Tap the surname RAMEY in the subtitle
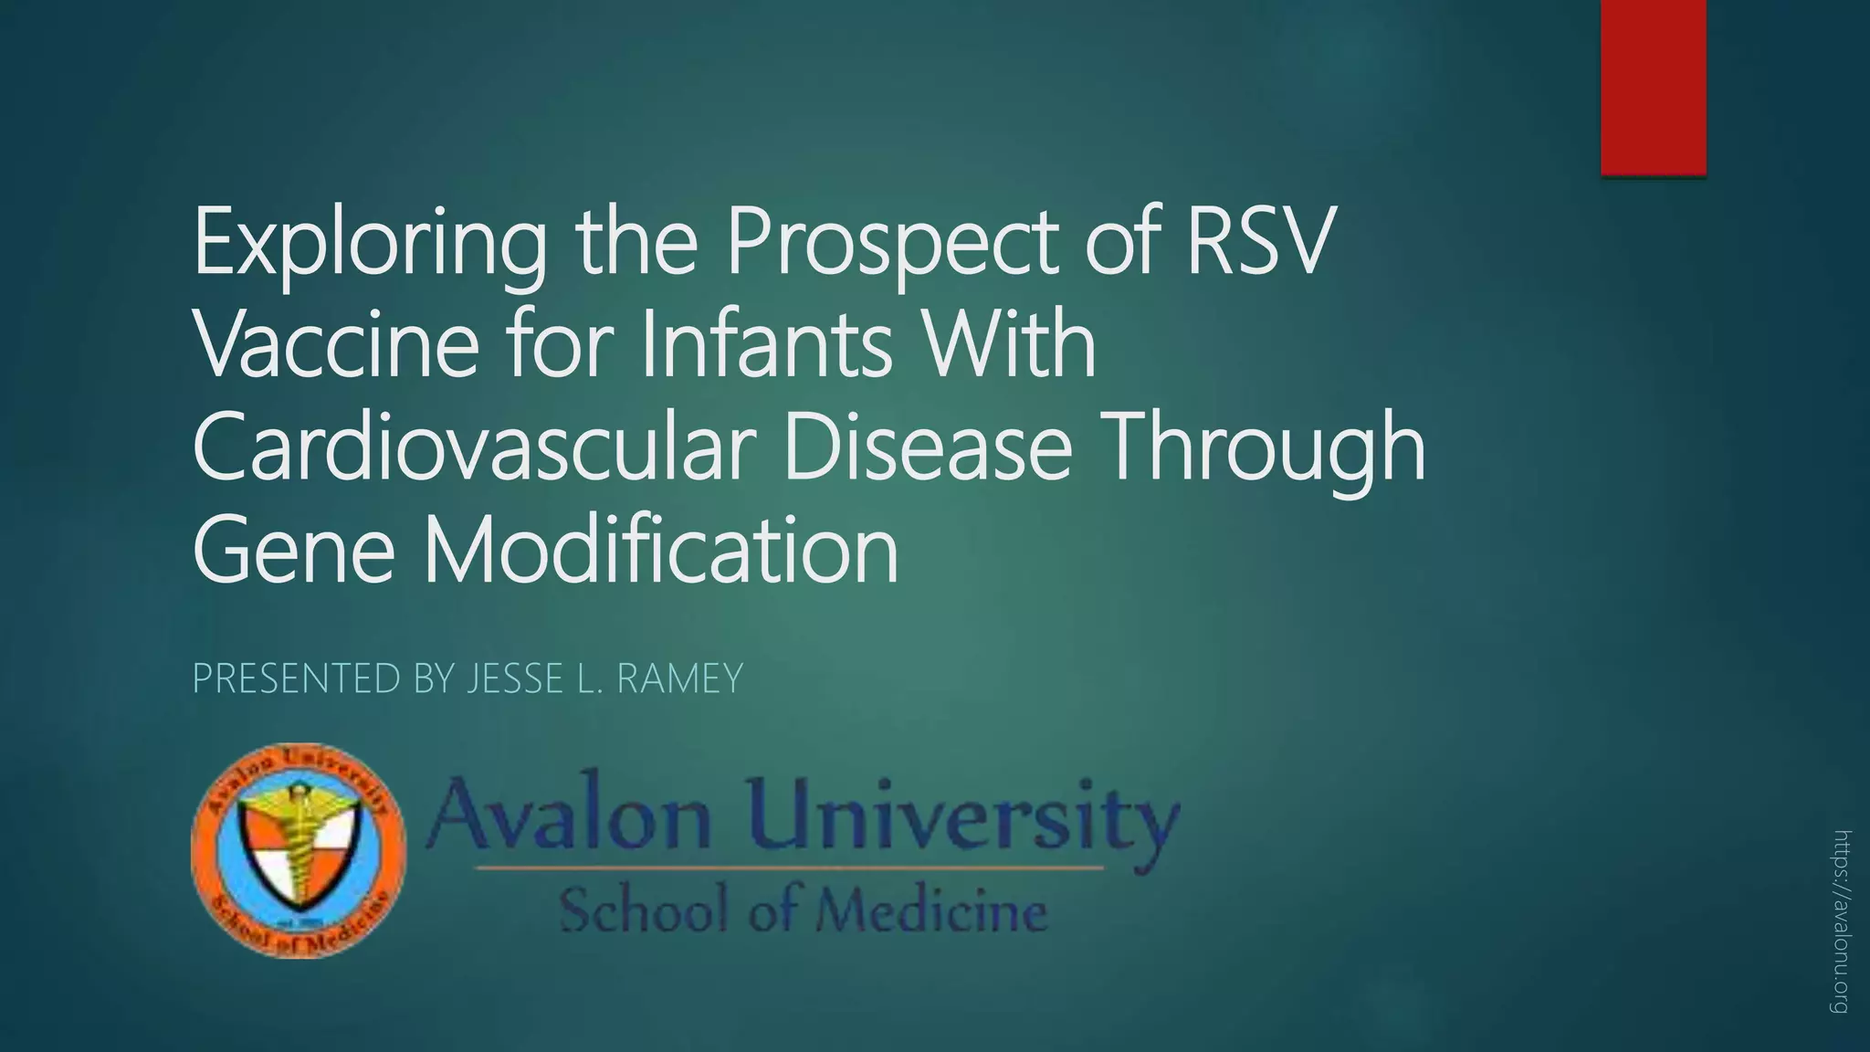(x=679, y=679)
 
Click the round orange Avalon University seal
(x=299, y=850)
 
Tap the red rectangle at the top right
(x=1653, y=87)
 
